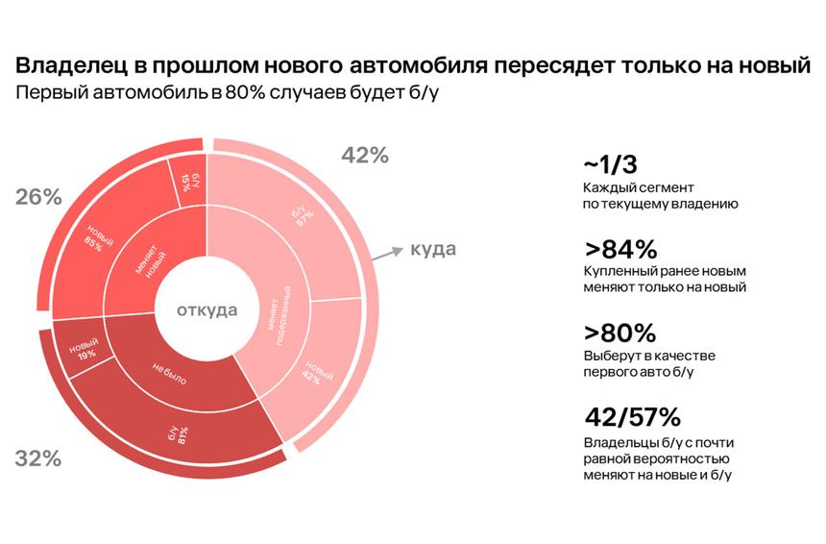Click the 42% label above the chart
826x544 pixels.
pyautogui.click(x=365, y=155)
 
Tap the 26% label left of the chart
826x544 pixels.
pyautogui.click(x=38, y=197)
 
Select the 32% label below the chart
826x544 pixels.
pyautogui.click(x=38, y=458)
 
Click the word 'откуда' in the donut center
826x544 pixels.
pyautogui.click(x=206, y=309)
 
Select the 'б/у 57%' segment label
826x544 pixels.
pyautogui.click(x=304, y=217)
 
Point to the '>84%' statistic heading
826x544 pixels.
pyautogui.click(x=619, y=249)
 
